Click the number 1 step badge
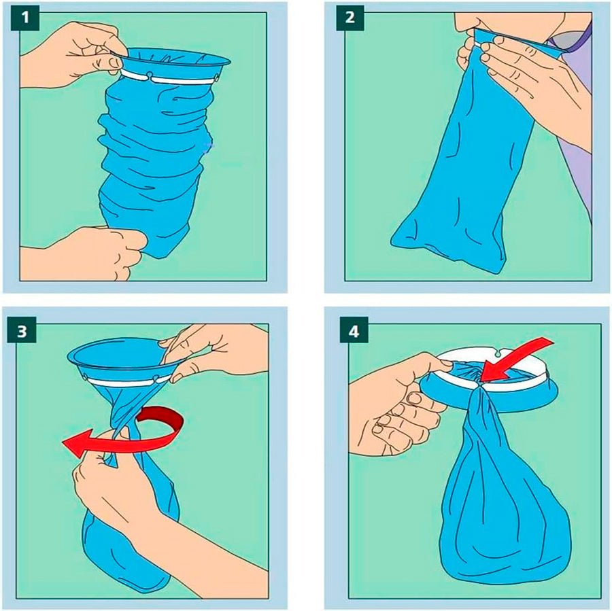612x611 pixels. [27, 18]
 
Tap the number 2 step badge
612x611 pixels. [350, 18]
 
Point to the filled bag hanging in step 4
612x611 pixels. [500, 517]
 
